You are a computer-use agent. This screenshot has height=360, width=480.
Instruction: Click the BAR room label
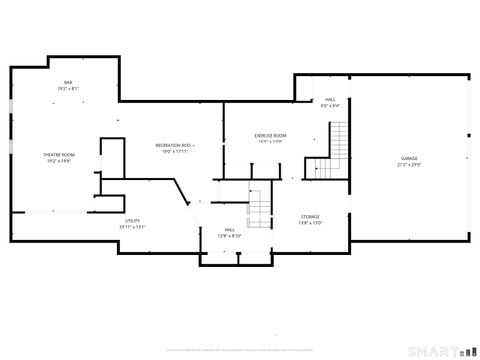[68, 82]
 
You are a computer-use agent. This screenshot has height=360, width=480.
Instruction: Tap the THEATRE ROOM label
[58, 154]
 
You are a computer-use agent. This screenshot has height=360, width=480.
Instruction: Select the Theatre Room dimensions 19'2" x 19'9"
[58, 161]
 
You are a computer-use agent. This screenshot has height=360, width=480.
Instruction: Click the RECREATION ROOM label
[175, 145]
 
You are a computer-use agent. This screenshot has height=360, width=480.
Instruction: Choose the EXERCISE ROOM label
[270, 135]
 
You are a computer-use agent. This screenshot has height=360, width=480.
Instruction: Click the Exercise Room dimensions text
[270, 142]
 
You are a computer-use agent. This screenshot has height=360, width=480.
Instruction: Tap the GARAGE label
[409, 158]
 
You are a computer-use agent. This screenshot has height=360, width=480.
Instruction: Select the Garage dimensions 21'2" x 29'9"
[409, 165]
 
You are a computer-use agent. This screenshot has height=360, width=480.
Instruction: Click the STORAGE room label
[311, 216]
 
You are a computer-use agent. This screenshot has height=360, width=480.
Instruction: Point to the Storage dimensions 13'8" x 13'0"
[311, 223]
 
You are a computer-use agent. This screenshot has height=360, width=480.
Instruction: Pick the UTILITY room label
[132, 220]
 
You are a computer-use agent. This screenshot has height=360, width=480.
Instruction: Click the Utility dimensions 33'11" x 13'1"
[132, 227]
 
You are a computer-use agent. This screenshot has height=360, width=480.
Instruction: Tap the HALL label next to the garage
[330, 100]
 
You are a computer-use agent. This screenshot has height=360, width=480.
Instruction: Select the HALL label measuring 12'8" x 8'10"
[230, 229]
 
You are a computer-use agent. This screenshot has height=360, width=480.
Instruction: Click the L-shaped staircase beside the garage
[336, 150]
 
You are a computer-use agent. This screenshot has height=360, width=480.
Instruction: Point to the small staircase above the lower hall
[260, 208]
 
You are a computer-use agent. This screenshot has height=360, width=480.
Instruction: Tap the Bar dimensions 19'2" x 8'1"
[68, 89]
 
